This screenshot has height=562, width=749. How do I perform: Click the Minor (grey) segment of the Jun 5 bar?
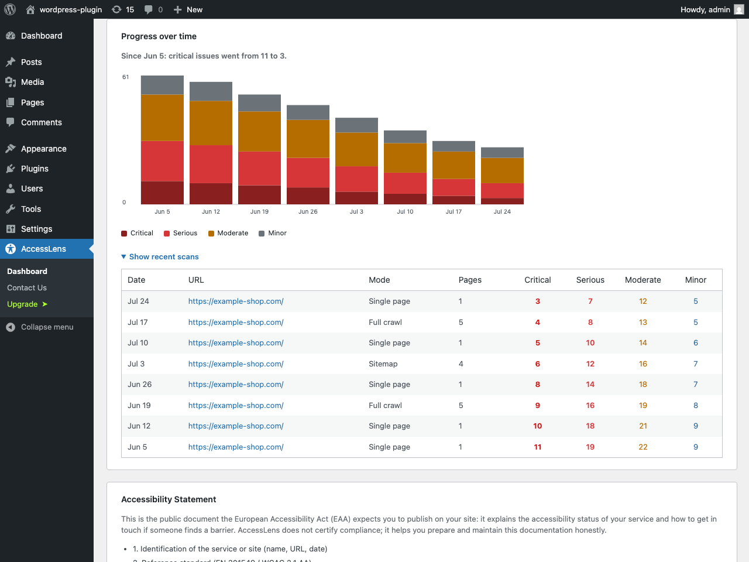coord(162,85)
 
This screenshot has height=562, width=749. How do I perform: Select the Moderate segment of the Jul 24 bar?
coord(502,170)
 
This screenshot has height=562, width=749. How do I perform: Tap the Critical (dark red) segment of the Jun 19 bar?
coord(259,195)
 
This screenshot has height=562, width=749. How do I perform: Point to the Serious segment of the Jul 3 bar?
coord(356,179)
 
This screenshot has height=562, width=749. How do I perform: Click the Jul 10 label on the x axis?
coord(405,211)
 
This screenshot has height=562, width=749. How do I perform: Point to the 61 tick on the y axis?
coord(126,77)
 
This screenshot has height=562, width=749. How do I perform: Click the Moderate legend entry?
coord(228,233)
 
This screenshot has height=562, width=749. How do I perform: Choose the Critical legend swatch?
coord(124,234)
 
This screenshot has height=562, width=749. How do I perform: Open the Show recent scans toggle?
coord(160,256)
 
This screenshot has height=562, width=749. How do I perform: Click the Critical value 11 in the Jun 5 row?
coord(537,447)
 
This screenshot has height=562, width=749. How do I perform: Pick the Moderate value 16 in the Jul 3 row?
coord(643,364)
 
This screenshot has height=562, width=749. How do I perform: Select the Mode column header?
coord(379,280)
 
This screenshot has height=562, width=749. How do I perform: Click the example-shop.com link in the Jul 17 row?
coord(236,322)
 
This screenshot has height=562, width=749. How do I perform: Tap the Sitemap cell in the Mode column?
coord(383,364)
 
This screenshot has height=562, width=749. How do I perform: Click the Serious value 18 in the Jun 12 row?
coord(590,426)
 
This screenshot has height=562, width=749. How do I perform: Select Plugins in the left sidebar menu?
coord(35,169)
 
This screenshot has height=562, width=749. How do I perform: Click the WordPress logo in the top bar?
coord(10,9)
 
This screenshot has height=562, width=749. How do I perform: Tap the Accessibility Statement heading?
coord(169,499)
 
